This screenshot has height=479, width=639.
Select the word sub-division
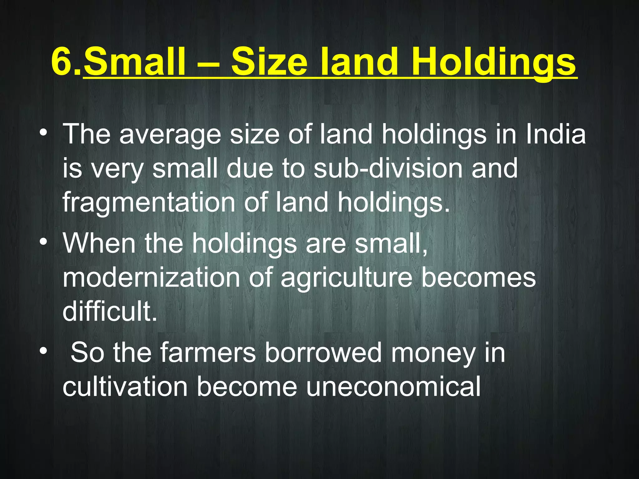388,168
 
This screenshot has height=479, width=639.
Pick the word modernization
151,278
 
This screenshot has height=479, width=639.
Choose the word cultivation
125,387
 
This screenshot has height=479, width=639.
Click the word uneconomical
393,387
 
